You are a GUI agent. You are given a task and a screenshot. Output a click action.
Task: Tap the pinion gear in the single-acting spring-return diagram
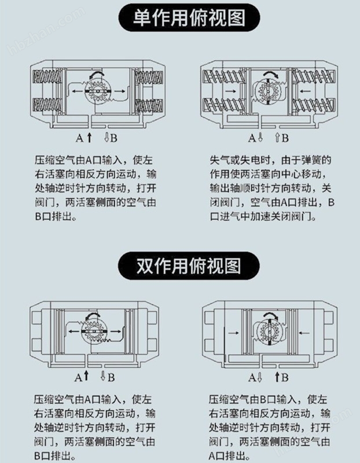(269, 93)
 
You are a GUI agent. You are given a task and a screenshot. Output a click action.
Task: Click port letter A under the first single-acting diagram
(80, 138)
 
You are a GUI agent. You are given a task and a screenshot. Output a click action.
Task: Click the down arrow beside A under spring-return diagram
(260, 138)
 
